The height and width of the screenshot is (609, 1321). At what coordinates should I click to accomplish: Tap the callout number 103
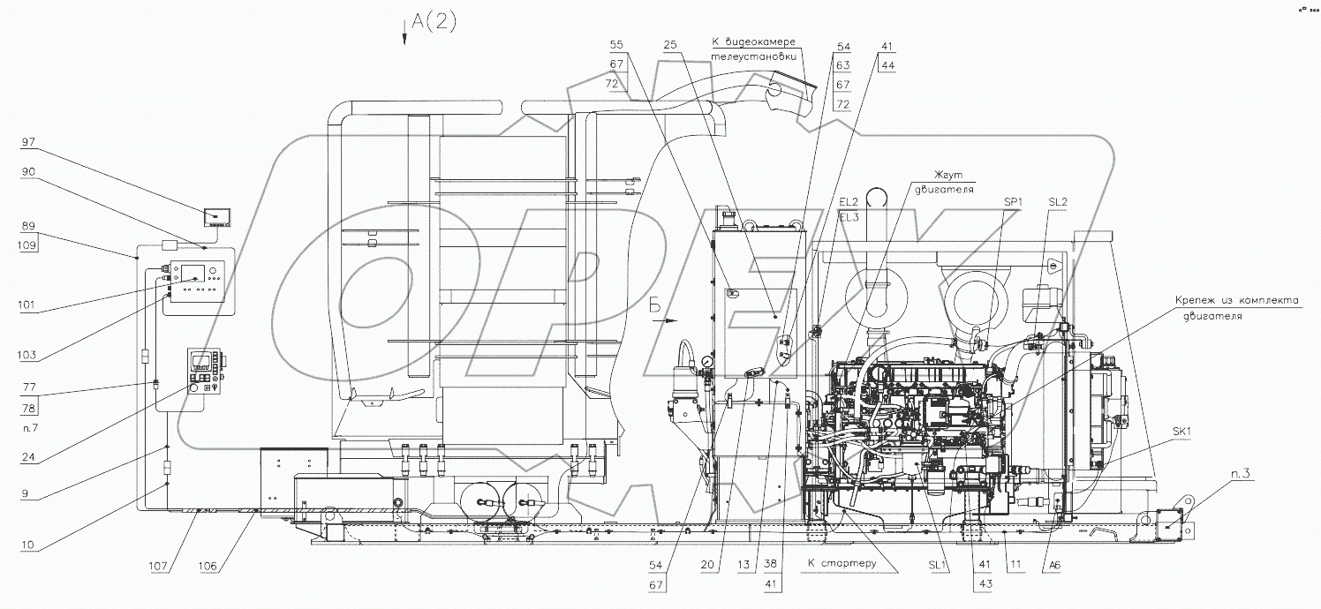point(29,355)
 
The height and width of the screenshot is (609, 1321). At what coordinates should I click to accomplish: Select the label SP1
point(1014,202)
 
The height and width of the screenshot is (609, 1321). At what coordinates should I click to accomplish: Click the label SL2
point(1058,202)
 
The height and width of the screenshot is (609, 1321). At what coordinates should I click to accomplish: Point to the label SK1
point(1183,432)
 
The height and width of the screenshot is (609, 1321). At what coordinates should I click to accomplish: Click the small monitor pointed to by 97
point(217,215)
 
